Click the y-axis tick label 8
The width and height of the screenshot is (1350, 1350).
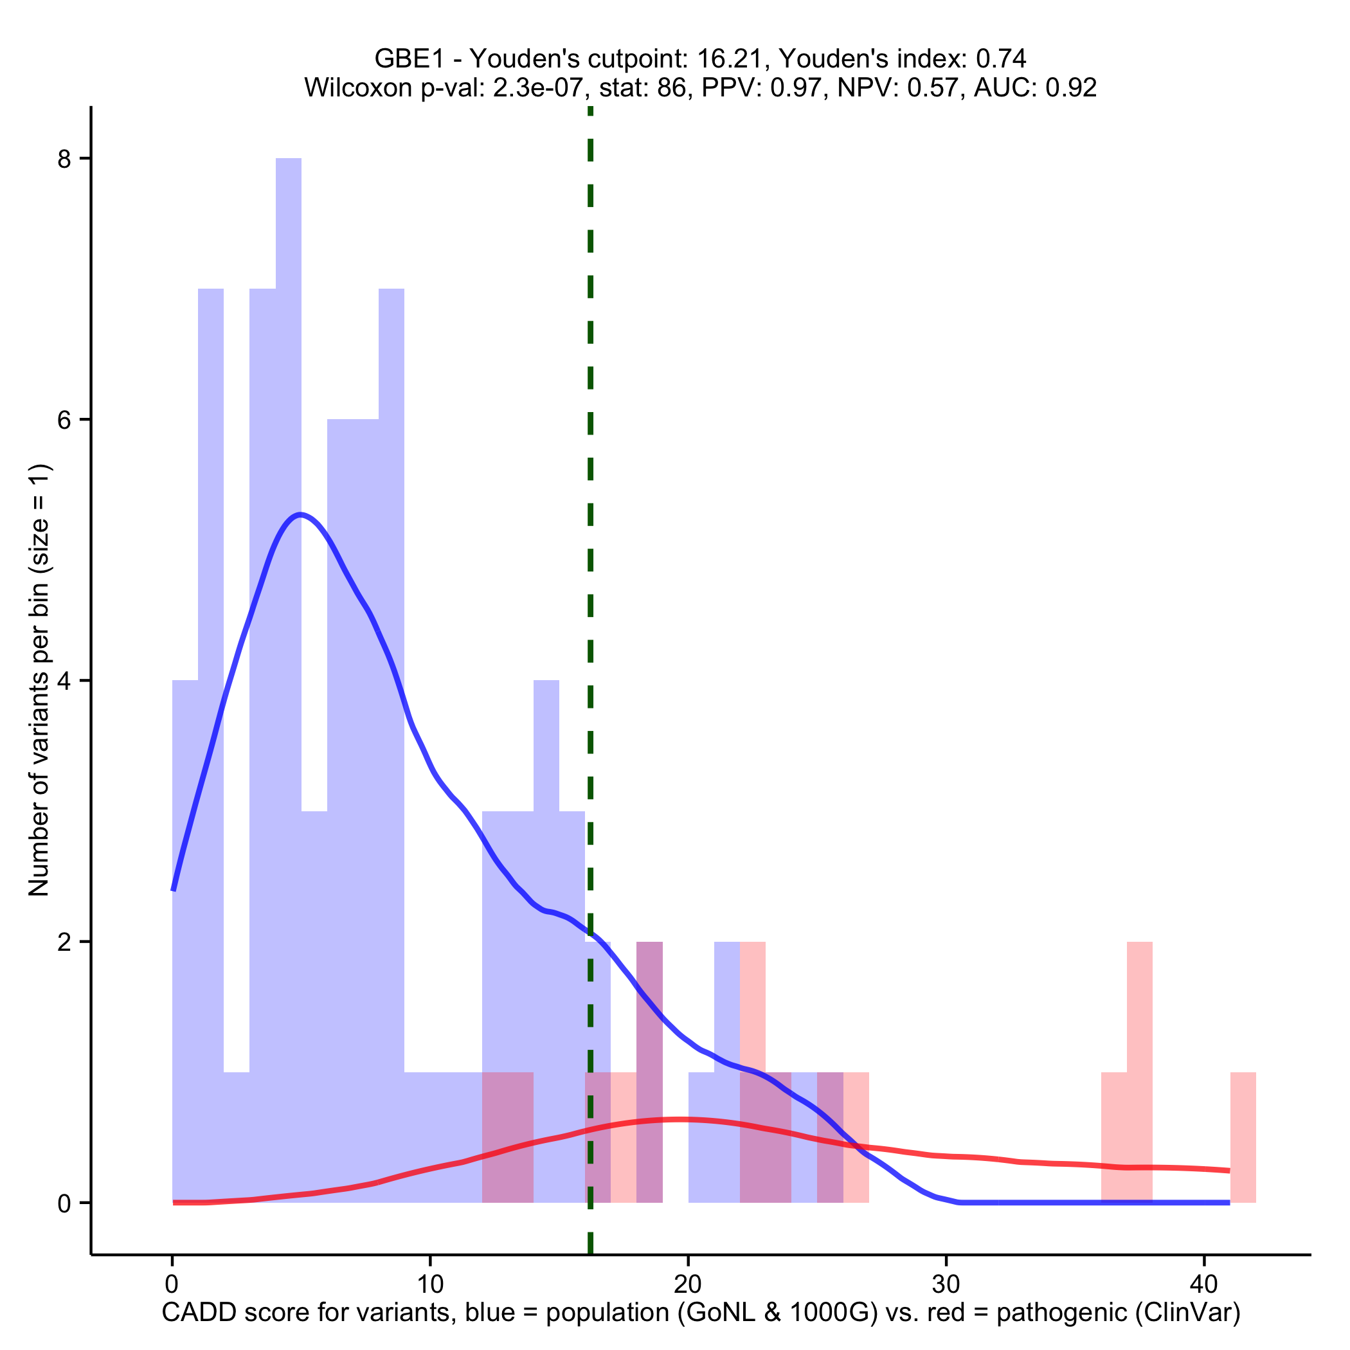65,159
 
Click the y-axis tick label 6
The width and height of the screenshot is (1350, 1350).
65,420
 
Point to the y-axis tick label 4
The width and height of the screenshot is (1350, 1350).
65,681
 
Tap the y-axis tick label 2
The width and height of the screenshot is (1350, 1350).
65,942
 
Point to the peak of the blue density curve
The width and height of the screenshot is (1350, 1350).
300,515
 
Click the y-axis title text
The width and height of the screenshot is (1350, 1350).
39,681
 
